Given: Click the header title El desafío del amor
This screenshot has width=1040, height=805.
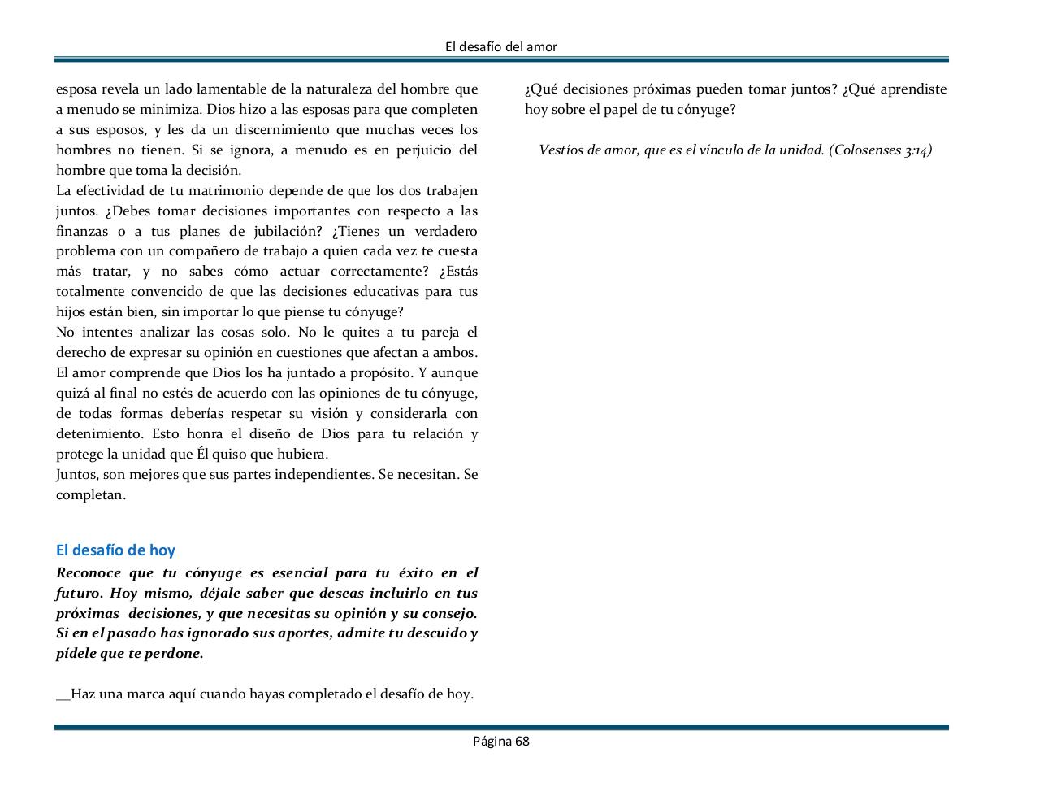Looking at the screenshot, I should (501, 47).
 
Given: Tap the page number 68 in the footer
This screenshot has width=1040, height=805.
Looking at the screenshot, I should (521, 741).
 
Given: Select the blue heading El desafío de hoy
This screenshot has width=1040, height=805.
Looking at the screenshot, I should (115, 550).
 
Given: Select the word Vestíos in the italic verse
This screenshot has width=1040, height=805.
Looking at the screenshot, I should (560, 150).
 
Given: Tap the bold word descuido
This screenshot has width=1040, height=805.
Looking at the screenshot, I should (436, 633).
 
